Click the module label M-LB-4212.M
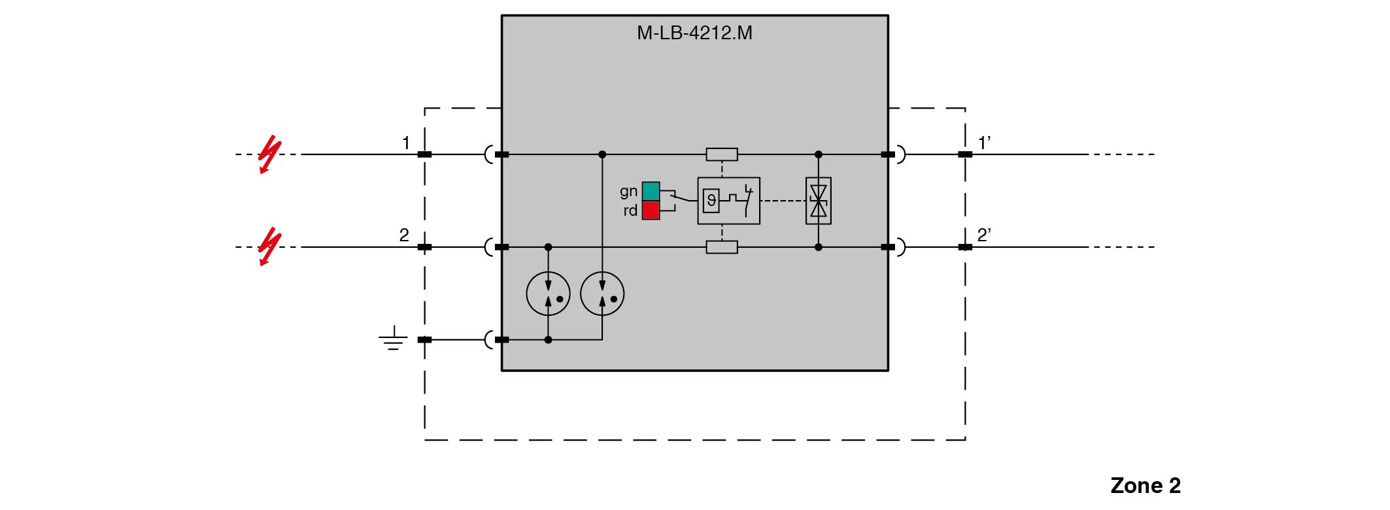point(694,33)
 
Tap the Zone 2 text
point(1145,485)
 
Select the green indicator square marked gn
point(651,191)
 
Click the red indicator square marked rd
point(651,210)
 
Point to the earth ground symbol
point(393,339)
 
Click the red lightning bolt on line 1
point(269,155)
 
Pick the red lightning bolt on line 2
point(269,247)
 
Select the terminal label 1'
point(984,142)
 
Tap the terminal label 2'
point(984,235)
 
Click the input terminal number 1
point(406,143)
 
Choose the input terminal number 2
point(404,235)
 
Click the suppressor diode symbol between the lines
point(818,201)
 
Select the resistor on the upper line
point(722,154)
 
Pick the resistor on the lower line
point(722,247)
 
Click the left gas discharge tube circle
point(548,294)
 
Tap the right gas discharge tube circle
point(602,294)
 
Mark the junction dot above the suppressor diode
point(818,154)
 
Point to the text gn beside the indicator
point(628,191)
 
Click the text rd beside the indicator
point(630,211)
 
